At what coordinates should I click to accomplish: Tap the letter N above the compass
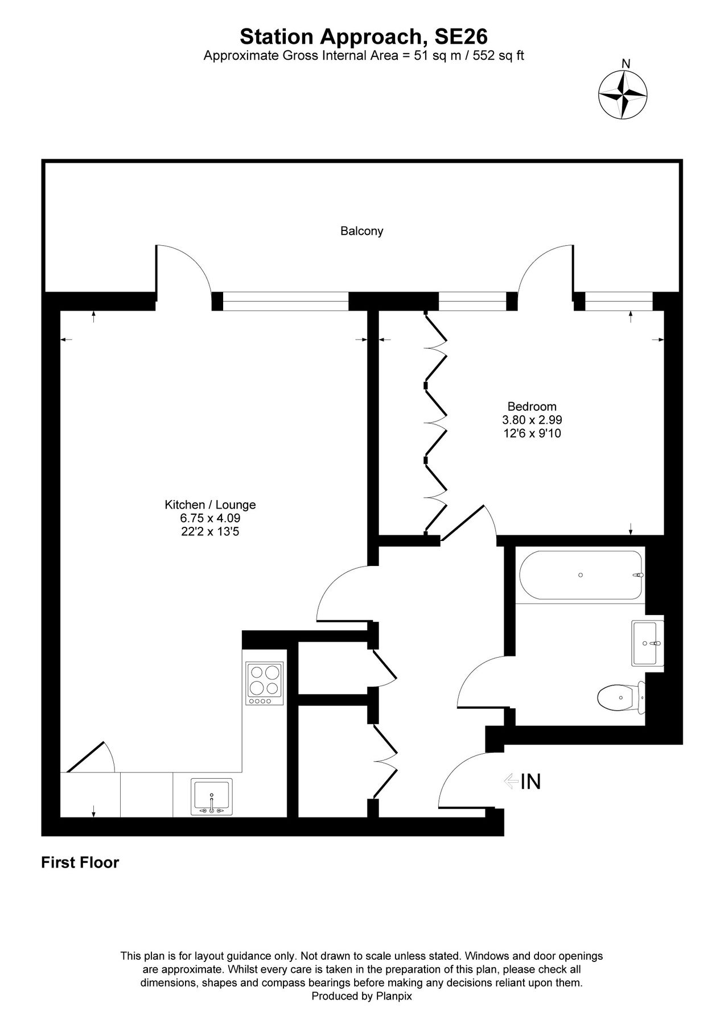point(626,64)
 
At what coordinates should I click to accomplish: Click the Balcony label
point(361,231)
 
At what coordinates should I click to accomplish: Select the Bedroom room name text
point(532,406)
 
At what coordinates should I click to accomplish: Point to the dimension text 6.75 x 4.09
point(210,518)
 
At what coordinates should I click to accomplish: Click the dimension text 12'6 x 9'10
point(532,433)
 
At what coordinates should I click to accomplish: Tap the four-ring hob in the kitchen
point(265,683)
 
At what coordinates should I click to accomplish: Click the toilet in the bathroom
point(620,697)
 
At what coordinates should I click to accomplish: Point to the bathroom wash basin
point(647,643)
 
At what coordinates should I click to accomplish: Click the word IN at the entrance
point(530,782)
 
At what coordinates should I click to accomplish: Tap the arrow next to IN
point(510,781)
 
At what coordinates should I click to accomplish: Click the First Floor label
point(80,862)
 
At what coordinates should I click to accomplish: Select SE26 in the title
point(461,37)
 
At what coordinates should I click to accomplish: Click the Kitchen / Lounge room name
point(210,505)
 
